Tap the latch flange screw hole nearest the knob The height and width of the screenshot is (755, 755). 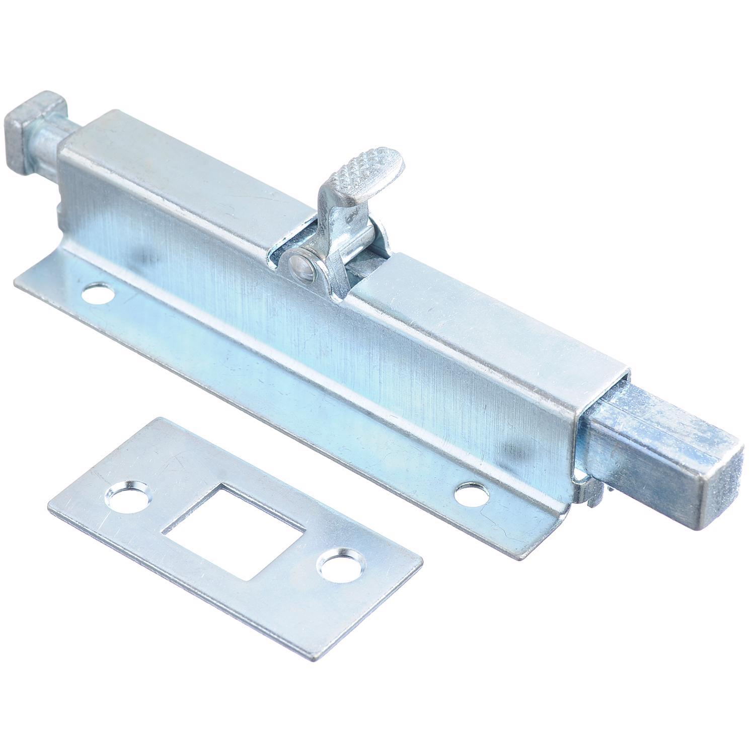tap(98, 293)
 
